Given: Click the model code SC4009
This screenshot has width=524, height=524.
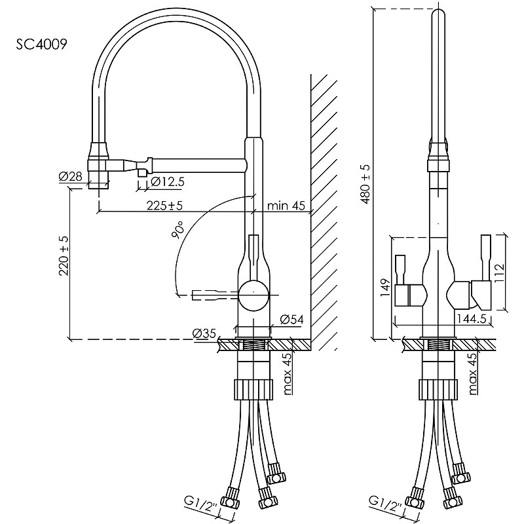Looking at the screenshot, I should coord(40,45).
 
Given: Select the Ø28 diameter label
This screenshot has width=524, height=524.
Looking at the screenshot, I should coord(70,177).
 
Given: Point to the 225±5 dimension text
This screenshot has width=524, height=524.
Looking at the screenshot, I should coord(164,206).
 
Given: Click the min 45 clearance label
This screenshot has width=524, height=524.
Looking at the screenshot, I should coord(286,206).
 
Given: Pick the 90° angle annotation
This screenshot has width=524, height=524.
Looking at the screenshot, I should coord(179,231).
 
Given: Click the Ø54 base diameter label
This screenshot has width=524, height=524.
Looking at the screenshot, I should coord(290,319).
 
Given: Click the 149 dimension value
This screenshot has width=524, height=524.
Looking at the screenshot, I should coord(385,288).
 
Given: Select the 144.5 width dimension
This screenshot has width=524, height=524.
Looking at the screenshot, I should coord(472,319).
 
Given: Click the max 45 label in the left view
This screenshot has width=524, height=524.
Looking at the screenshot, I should coord(287,375).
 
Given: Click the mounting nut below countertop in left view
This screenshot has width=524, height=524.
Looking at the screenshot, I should coord(252,388).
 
